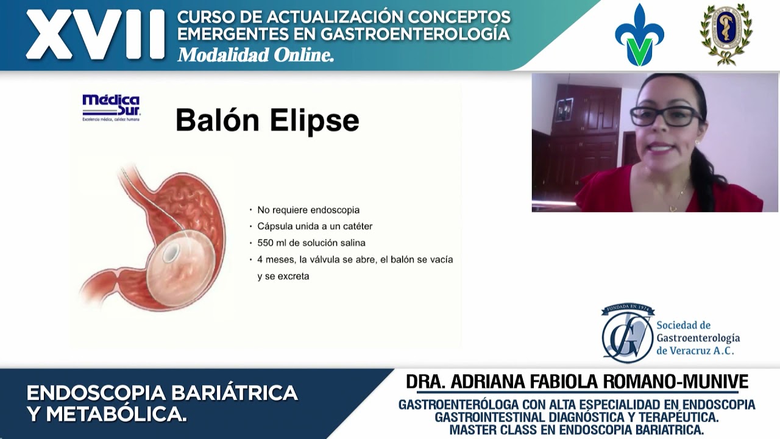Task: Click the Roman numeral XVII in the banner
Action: point(95,35)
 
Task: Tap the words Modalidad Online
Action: point(255,55)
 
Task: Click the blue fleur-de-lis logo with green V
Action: point(639,35)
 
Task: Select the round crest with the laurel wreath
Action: point(726,34)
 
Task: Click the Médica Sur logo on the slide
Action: point(111,107)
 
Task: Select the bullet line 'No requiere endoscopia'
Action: point(308,210)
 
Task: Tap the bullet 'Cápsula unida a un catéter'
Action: point(314,226)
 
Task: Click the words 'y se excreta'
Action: point(283,276)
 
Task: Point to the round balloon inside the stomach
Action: point(181,269)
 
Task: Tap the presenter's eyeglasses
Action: point(665,115)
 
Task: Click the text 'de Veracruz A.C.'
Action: point(695,351)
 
